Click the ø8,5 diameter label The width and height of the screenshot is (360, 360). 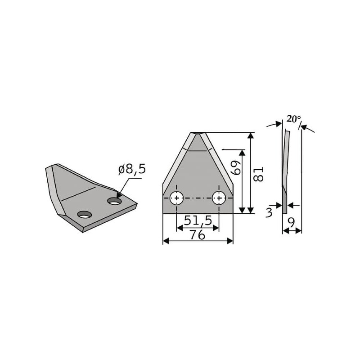pyautogui.click(x=132, y=170)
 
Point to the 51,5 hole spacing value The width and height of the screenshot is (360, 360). pyautogui.click(x=198, y=221)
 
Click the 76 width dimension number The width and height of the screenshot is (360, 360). pyautogui.click(x=198, y=235)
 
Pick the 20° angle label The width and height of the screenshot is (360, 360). pyautogui.click(x=294, y=119)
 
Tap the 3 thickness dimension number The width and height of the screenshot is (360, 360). pyautogui.click(x=269, y=212)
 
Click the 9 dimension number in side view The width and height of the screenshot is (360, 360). pyautogui.click(x=291, y=222)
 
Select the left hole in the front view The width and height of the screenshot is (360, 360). pyautogui.click(x=176, y=198)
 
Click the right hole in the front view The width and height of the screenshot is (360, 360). pyautogui.click(x=219, y=198)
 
